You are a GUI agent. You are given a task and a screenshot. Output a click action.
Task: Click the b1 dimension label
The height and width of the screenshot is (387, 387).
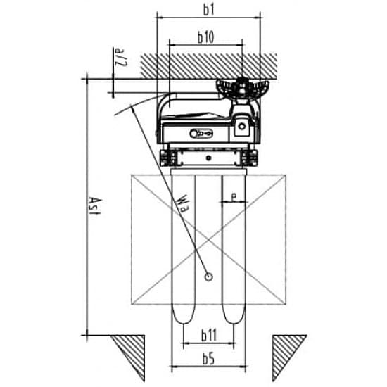pyautogui.click(x=209, y=10)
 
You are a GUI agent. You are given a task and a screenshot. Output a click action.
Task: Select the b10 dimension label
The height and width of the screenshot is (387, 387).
pyautogui.click(x=206, y=37)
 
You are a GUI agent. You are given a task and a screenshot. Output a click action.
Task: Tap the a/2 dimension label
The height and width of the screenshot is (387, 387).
pyautogui.click(x=121, y=57)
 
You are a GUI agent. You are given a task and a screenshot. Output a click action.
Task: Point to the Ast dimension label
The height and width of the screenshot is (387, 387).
pyautogui.click(x=95, y=205)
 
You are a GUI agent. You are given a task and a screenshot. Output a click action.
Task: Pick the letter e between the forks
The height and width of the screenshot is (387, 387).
pyautogui.click(x=234, y=197)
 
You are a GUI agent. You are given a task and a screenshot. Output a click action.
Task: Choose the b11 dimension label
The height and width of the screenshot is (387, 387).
pyautogui.click(x=209, y=336)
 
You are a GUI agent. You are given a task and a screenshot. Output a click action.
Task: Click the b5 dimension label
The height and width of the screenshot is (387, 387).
pyautogui.click(x=208, y=359)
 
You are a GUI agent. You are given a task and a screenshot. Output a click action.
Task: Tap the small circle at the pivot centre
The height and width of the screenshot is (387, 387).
pyautogui.click(x=209, y=277)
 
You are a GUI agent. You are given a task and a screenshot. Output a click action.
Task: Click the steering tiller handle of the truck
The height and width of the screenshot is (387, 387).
pyautogui.click(x=243, y=88)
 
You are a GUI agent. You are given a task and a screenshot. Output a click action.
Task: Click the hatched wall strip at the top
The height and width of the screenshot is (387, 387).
pyautogui.click(x=209, y=66)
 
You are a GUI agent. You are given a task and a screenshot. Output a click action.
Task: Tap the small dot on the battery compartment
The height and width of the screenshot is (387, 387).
pyautogui.click(x=209, y=158)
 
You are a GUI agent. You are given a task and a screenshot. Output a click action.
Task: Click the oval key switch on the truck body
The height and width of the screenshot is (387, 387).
pyautogui.click(x=201, y=134)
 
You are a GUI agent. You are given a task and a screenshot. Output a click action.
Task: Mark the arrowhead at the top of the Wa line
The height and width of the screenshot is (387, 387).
pyautogui.click(x=132, y=107)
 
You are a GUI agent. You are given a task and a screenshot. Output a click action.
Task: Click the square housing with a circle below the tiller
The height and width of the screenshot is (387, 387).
pyautogui.click(x=241, y=127)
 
